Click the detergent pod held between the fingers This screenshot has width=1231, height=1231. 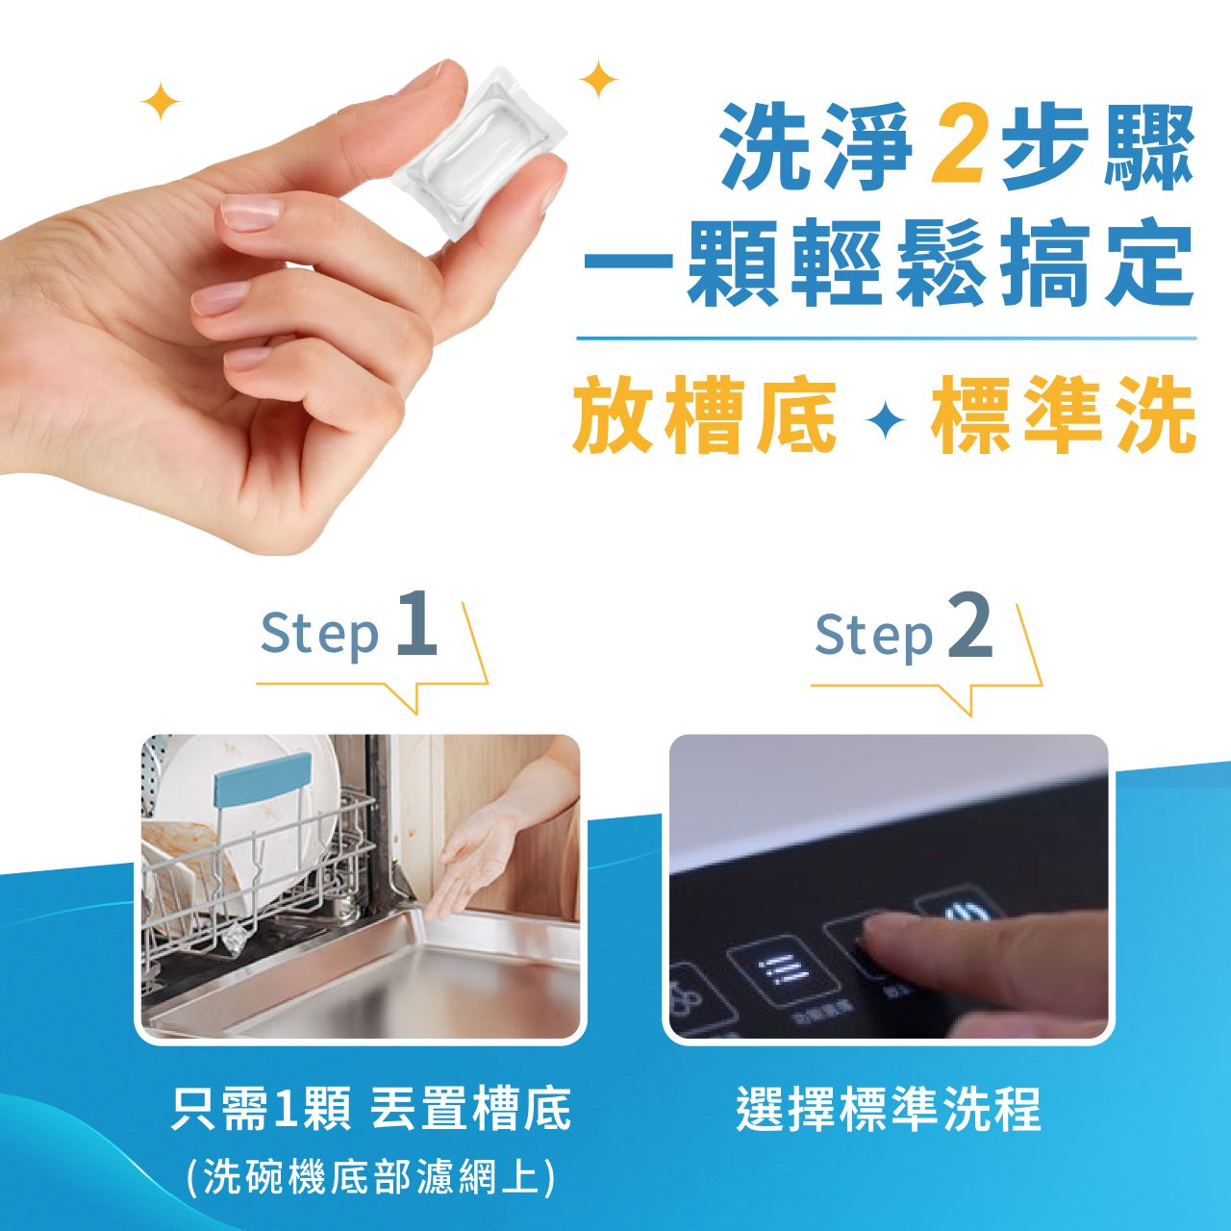[479, 155]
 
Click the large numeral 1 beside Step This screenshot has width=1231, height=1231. [416, 623]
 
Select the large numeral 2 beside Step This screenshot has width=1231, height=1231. [970, 625]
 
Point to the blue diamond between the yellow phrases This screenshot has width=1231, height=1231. [885, 420]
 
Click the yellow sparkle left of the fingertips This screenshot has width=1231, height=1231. [161, 101]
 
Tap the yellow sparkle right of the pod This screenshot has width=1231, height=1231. [598, 79]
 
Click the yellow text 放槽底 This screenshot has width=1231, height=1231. [705, 417]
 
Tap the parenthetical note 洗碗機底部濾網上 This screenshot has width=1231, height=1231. [370, 1176]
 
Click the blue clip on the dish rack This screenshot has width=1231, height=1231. [263, 779]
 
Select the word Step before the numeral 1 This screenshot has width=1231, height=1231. [320, 632]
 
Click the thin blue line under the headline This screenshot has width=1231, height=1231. [886, 338]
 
